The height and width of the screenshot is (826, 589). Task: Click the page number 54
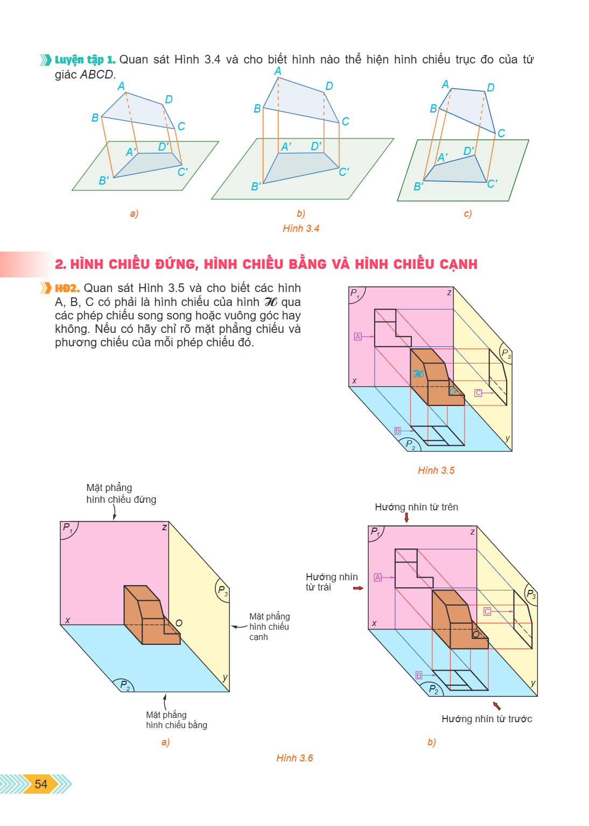point(40,784)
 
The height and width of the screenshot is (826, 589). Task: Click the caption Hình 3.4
point(301,229)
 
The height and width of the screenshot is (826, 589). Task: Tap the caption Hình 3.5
point(436,471)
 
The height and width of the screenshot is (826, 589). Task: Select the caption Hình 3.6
point(294,758)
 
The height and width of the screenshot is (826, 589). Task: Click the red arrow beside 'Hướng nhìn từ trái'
point(358,588)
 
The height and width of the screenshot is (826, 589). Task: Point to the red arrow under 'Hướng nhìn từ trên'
point(406,518)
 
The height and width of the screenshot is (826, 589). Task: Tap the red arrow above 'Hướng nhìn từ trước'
point(497,706)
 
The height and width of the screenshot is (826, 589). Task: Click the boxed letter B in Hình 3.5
point(397,431)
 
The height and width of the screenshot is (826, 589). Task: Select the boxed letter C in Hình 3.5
point(478,393)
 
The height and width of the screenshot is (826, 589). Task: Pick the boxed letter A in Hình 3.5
point(357,337)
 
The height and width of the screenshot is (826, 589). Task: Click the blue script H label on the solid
point(418,374)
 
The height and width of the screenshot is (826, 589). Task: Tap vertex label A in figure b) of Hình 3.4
point(278,71)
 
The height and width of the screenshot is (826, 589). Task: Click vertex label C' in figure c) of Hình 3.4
point(492,183)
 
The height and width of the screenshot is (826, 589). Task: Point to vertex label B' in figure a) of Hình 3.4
point(103,181)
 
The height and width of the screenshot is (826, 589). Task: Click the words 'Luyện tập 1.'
point(85,60)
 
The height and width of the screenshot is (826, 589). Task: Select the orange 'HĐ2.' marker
point(67,288)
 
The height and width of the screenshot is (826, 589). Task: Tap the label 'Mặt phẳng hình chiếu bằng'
point(177,720)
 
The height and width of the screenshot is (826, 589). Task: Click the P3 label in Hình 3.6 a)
point(223,590)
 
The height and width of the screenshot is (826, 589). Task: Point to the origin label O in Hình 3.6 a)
point(179,623)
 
